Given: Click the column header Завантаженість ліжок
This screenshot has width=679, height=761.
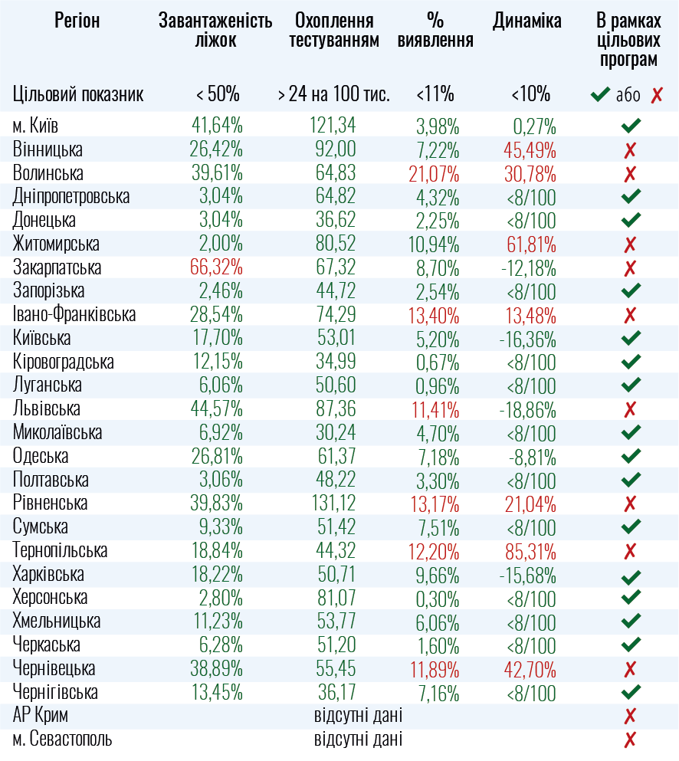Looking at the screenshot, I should click(215, 31).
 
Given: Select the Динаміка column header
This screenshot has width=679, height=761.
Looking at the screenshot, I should click(526, 21).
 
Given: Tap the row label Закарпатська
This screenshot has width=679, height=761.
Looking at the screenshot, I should click(57, 267).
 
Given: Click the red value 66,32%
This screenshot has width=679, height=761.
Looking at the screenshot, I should click(217, 267).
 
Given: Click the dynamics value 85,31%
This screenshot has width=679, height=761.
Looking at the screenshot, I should click(530, 551).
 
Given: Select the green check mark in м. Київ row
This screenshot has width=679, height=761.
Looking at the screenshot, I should click(631, 126).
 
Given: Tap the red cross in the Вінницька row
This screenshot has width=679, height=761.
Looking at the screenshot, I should click(631, 149).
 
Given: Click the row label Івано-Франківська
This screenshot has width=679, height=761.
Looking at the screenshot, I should click(74, 315).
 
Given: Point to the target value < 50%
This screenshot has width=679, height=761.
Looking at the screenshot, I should click(218, 95).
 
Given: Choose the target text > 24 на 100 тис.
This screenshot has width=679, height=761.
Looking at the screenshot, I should click(333, 95).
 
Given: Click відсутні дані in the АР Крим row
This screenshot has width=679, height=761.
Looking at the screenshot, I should click(358, 717).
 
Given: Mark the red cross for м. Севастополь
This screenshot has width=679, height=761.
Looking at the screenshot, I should click(631, 740).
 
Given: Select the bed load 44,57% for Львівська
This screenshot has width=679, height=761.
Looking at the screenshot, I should click(217, 409).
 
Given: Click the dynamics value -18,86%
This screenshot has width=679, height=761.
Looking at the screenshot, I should click(528, 409).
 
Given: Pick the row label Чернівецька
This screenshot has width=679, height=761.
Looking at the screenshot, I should click(54, 669).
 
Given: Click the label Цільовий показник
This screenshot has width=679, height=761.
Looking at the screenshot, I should click(78, 95).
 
